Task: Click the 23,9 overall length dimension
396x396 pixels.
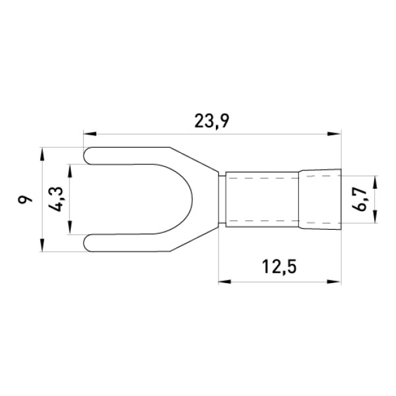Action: [x=212, y=121]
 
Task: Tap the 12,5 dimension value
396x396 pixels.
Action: [x=279, y=267]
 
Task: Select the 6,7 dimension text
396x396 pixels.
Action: [x=359, y=199]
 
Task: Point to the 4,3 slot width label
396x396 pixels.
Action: [x=55, y=199]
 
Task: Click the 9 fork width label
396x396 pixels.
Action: [x=25, y=199]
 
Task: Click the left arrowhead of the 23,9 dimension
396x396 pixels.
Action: [x=90, y=134]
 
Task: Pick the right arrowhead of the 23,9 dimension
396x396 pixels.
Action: [x=334, y=134]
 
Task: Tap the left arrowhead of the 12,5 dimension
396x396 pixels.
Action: [x=225, y=281]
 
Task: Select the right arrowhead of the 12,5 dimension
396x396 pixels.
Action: [x=334, y=281]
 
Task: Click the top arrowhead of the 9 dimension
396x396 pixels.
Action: [x=42, y=154]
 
